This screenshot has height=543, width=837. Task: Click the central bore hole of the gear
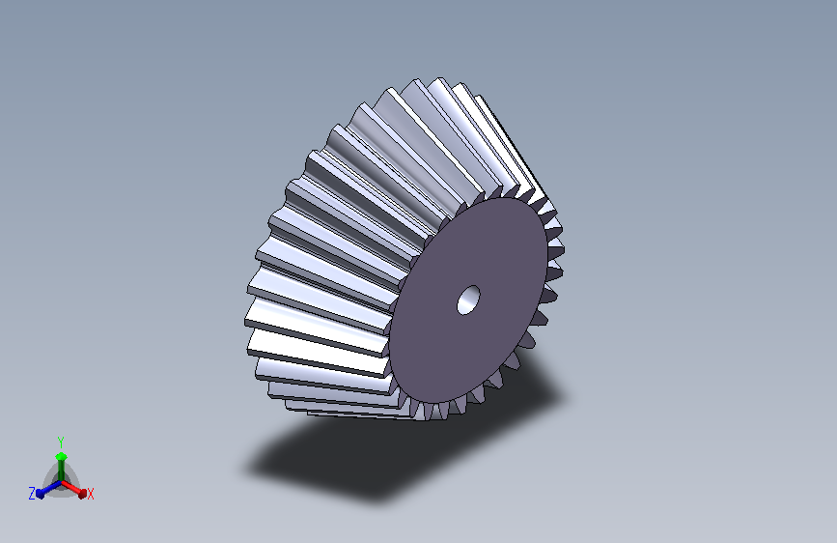pos(468,300)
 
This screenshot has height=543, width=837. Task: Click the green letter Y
pos(61,443)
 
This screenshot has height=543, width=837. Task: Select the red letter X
pos(91,495)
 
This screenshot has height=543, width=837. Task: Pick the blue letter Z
pos(32,494)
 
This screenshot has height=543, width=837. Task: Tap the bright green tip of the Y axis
pos(61,456)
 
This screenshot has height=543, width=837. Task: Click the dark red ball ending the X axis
pos(82,494)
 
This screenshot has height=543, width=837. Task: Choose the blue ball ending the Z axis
pos(41,494)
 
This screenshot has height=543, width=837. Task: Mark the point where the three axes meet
pos(61,482)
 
